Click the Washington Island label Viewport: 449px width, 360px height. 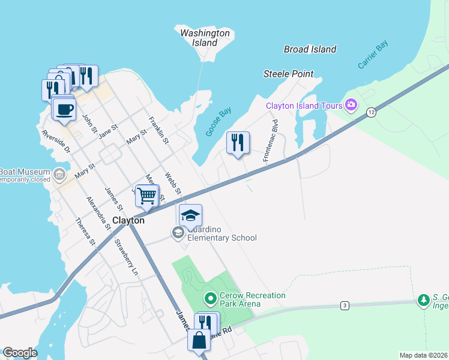(205, 38)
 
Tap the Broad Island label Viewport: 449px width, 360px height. (310, 49)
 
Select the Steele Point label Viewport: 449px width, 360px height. (288, 74)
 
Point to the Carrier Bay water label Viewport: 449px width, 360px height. (373, 55)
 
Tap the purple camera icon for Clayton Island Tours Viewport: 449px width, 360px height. (351, 106)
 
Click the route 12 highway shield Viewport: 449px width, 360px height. (372, 112)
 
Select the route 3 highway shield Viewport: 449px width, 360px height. (344, 305)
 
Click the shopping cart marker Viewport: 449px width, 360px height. (146, 195)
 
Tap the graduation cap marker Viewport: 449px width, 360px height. (190, 215)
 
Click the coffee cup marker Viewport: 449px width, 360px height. (64, 109)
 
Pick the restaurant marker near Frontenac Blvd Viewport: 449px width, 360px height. (238, 143)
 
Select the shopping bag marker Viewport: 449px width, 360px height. (199, 340)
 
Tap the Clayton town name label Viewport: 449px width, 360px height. (128, 220)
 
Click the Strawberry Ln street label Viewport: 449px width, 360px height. (126, 257)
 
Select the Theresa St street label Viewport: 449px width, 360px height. (85, 232)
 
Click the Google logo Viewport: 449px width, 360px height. (20, 352)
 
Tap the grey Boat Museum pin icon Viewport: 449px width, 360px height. (59, 175)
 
